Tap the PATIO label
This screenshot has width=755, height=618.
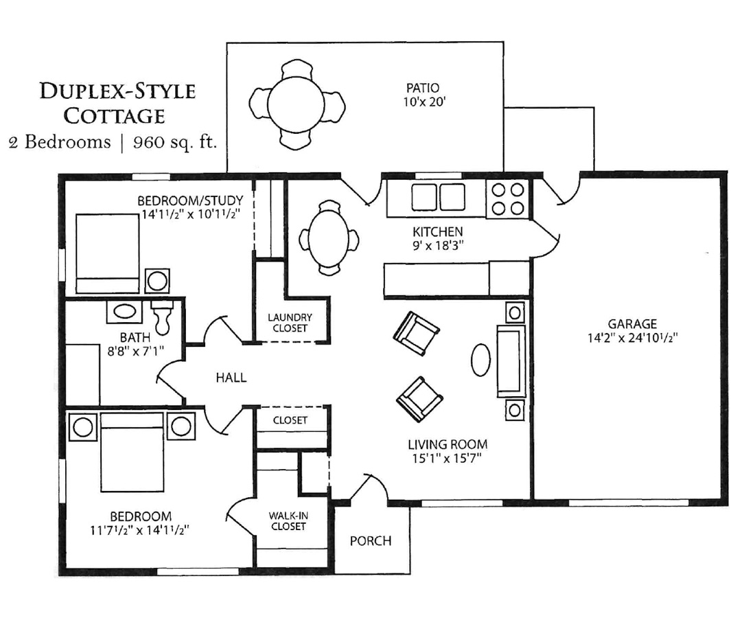[x=423, y=88]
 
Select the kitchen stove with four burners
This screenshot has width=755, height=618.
[x=507, y=198]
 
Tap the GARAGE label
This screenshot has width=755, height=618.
[x=631, y=323]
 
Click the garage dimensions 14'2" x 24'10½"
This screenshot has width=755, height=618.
[x=631, y=338]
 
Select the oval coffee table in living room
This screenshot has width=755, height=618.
[x=480, y=359]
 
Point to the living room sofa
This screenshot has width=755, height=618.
[x=511, y=361]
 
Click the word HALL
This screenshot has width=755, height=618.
[x=231, y=378]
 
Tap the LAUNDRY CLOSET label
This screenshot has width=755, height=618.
[x=290, y=323]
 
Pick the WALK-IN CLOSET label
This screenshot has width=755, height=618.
[x=288, y=520]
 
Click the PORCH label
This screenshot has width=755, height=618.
[x=370, y=541]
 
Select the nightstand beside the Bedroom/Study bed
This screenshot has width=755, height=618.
[x=157, y=281]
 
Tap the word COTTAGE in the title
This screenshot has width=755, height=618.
[x=114, y=116]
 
